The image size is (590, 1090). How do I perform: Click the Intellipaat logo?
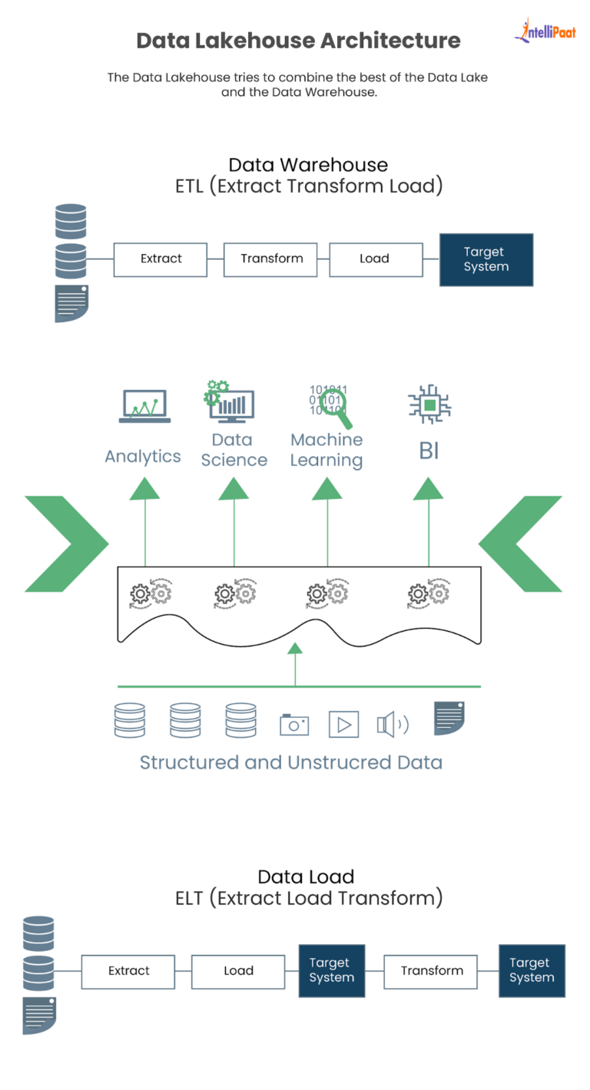545,31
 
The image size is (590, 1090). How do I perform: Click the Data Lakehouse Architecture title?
298,41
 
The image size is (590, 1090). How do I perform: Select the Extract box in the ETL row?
161,259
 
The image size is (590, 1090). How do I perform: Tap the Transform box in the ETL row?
271,259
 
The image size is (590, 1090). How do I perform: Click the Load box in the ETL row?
375,259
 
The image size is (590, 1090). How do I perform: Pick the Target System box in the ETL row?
486,260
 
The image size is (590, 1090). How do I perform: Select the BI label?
429,451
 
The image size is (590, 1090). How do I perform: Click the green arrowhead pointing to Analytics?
144,488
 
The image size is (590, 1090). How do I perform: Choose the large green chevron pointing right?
68,543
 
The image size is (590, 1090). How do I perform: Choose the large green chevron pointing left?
520,543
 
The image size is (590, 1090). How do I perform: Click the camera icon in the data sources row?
293,724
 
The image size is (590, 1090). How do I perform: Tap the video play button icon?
343,724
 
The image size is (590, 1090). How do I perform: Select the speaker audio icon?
392,724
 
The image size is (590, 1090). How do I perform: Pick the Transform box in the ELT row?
432,971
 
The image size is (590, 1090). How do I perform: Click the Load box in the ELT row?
238,971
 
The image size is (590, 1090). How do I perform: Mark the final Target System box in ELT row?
532,971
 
